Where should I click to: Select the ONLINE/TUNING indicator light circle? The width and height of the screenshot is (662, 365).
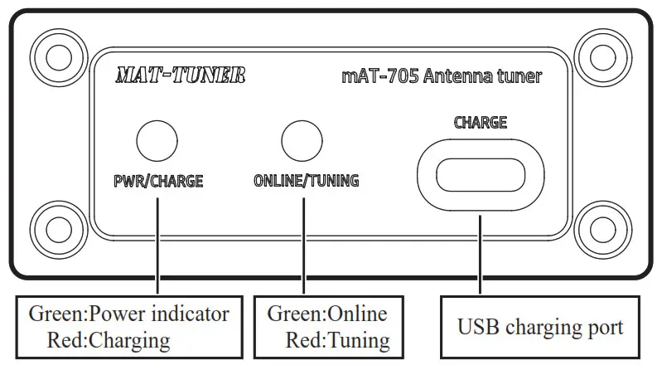click(302, 140)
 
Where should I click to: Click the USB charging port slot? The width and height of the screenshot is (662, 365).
click(480, 175)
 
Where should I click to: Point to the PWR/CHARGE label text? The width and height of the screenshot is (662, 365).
click(157, 180)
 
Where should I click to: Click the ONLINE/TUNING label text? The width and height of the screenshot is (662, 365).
click(306, 180)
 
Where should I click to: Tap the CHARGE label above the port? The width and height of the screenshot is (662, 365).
click(480, 122)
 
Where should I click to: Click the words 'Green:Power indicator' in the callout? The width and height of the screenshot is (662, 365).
click(128, 314)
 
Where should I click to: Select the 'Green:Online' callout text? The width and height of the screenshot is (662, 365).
click(326, 314)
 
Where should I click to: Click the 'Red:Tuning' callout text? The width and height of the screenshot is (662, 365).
click(337, 339)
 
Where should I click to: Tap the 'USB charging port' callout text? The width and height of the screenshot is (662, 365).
click(540, 326)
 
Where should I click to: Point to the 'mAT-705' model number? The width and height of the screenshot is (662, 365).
click(379, 77)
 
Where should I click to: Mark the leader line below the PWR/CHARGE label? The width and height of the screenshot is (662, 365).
click(157, 241)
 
